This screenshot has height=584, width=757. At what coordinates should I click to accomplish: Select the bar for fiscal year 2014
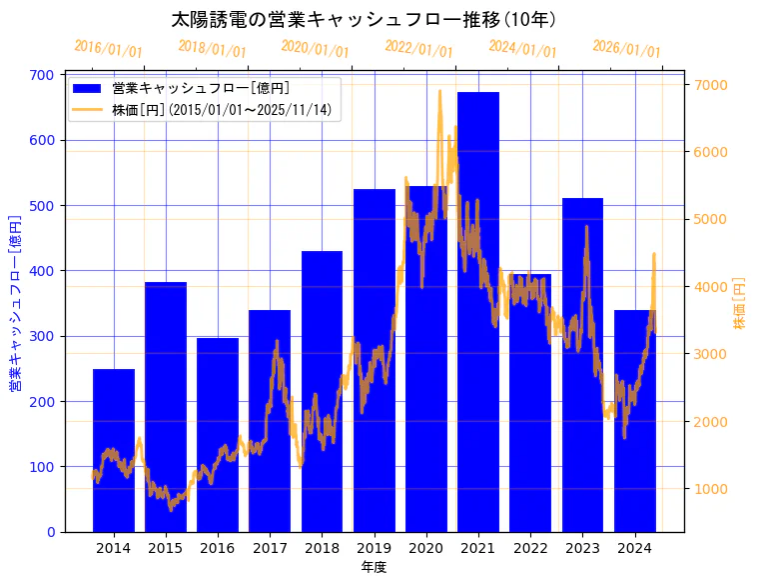coord(114,450)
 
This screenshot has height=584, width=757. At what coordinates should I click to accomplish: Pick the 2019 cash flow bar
coord(375,360)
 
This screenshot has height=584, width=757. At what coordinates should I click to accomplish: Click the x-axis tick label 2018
coord(322,548)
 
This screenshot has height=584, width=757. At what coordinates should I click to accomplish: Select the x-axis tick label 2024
coord(634,548)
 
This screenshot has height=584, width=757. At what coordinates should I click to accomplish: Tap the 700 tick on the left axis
coord(41,75)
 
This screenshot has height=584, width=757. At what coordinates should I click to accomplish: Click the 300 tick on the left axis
coord(41,336)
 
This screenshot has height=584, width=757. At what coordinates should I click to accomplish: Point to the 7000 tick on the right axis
coord(711,84)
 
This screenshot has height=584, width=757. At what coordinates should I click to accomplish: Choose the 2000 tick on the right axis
coord(711,421)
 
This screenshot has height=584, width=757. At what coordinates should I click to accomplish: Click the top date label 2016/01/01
coord(108,48)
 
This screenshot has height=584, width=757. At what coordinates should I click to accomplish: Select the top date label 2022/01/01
coord(418,48)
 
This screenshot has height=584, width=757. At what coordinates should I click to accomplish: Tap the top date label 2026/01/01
coord(626,48)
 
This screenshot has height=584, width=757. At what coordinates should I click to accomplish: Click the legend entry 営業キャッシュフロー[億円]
coord(200,88)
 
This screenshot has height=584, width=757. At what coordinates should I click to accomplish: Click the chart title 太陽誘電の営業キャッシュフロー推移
coord(364,20)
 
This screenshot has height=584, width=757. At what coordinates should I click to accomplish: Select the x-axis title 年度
coord(374,567)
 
